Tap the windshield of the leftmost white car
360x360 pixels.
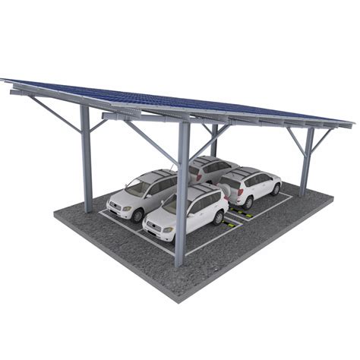[137, 185]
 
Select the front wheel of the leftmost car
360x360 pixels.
[137, 216]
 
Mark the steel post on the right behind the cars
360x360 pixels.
[307, 161]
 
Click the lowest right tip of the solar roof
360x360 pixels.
[352, 124]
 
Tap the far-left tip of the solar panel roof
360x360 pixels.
[3, 80]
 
